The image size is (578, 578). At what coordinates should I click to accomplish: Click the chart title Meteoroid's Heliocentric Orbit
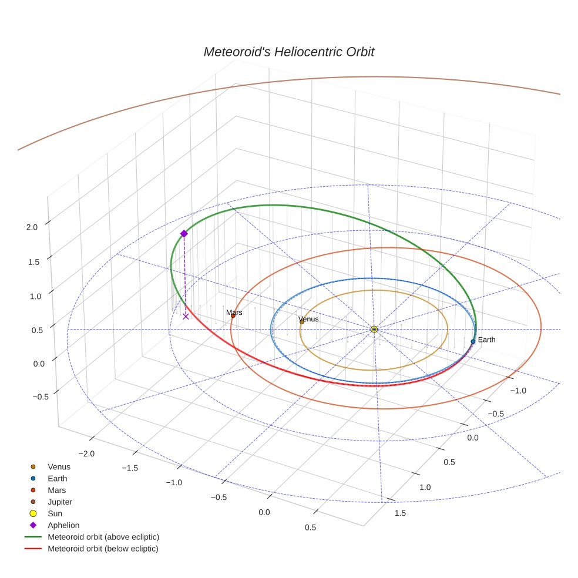(x=288, y=52)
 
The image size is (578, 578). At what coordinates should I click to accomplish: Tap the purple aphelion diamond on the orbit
(x=184, y=234)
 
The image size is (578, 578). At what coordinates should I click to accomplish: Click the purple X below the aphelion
(x=186, y=316)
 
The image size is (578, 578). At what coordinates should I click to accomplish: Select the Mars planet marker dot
(x=233, y=315)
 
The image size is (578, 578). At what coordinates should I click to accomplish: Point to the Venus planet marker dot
(x=302, y=322)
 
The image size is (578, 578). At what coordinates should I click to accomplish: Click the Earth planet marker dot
(x=473, y=341)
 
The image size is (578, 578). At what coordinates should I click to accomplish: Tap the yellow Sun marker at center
(x=374, y=329)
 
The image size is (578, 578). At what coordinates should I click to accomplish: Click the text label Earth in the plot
(x=486, y=340)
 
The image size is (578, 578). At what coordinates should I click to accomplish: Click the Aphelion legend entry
(x=63, y=525)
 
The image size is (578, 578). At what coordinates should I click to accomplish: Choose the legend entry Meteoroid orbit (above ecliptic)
(x=103, y=537)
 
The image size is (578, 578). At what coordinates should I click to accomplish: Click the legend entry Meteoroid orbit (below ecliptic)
(x=103, y=549)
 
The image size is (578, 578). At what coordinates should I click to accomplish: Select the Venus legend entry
(x=59, y=466)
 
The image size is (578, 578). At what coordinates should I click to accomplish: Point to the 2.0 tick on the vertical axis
(x=32, y=227)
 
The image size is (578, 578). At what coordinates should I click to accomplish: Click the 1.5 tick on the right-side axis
(x=400, y=513)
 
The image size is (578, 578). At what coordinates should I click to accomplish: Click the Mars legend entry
(x=56, y=490)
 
